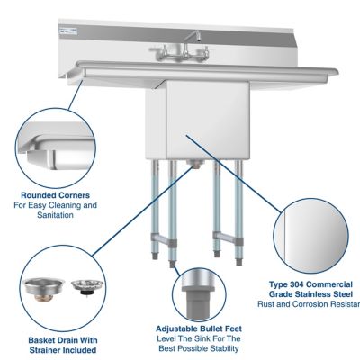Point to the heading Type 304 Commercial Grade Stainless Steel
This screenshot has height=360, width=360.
tap(310, 289)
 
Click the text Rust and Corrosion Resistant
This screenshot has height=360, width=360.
tap(311, 304)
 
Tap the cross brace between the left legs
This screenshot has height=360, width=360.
tap(159, 238)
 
